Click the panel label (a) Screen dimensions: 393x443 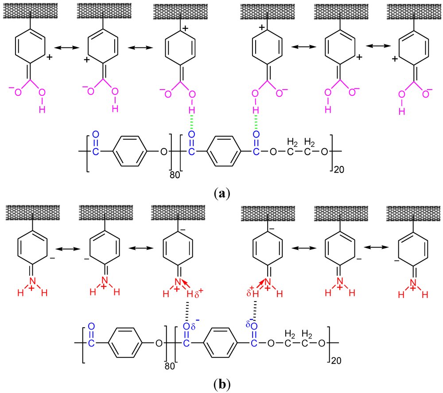tap(221, 193)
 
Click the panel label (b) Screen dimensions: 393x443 tap(221, 382)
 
